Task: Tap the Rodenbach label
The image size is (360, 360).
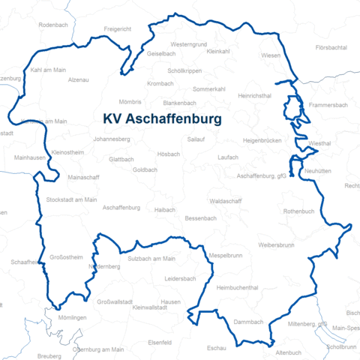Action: tap(52, 25)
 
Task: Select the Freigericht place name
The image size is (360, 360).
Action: tap(117, 29)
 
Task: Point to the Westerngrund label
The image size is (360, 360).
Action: tap(188, 44)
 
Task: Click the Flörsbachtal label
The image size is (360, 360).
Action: tap(331, 47)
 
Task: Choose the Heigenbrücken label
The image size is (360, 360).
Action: tap(262, 140)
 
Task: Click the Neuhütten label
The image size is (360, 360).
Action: tap(317, 172)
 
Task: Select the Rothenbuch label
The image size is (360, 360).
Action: tap(298, 211)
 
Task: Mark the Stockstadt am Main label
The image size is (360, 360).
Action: tap(71, 200)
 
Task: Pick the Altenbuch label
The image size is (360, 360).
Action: tap(289, 352)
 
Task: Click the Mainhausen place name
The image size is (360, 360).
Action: tap(30, 158)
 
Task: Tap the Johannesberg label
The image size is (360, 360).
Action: tap(112, 139)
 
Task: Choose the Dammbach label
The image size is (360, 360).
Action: tap(248, 322)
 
